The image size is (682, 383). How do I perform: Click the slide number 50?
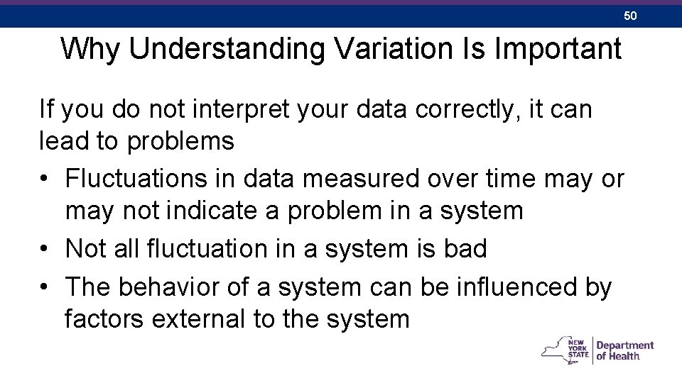pos(630,15)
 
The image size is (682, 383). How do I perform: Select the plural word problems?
pos(180,141)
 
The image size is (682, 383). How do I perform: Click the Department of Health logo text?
pos(624,350)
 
